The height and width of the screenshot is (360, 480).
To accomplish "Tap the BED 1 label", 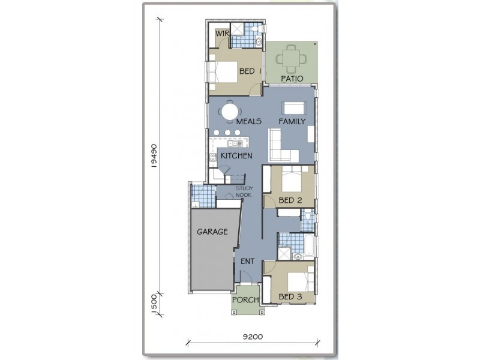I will [251, 71].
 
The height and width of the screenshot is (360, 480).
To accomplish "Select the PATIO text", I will [291, 79].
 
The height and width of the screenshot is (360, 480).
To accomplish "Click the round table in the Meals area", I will [229, 112].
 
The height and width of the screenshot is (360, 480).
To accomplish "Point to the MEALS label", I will [248, 121].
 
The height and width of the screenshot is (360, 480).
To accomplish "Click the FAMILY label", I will [292, 121].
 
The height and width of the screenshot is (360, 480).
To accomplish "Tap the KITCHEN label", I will [236, 155].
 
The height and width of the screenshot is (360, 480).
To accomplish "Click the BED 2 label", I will [290, 200].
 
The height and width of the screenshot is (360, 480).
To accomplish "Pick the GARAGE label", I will [212, 231].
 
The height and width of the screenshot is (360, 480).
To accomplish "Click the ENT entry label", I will [248, 261].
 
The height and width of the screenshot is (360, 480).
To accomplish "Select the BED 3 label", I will [290, 296].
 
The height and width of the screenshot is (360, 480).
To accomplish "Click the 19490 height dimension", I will [154, 157].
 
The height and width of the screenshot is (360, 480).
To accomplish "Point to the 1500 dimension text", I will [154, 303].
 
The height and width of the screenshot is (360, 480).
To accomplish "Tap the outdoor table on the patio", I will [290, 58].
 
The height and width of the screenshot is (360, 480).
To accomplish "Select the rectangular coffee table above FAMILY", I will [294, 108].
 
